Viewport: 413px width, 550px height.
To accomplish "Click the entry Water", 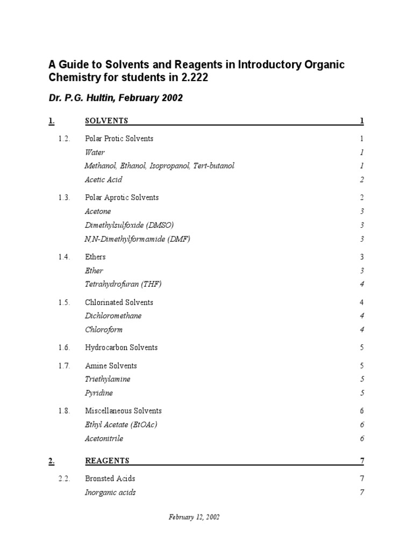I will click(95, 153).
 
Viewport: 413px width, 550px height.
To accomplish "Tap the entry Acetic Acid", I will click(103, 180).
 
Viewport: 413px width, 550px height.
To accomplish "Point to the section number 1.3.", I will click(65, 198).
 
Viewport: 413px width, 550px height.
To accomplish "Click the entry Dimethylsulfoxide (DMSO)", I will click(129, 225).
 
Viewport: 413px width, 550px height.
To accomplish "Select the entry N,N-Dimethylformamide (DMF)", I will click(137, 239).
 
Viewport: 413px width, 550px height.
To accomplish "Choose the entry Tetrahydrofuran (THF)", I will click(123, 284).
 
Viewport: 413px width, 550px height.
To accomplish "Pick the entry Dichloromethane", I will click(113, 316).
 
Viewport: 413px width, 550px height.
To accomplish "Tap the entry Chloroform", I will click(104, 330).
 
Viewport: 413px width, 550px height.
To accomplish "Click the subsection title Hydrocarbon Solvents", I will click(121, 348).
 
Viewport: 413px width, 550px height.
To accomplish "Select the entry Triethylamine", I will click(108, 379).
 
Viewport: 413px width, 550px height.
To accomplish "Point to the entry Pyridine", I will click(98, 393).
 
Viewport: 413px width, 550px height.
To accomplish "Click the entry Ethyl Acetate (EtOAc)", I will click(121, 425).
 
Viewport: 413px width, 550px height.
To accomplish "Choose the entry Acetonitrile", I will click(104, 439).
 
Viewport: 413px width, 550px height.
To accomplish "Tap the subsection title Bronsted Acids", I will click(110, 479).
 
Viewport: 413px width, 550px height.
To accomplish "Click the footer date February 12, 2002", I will click(194, 517).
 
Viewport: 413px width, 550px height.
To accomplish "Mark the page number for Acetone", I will click(362, 212).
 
